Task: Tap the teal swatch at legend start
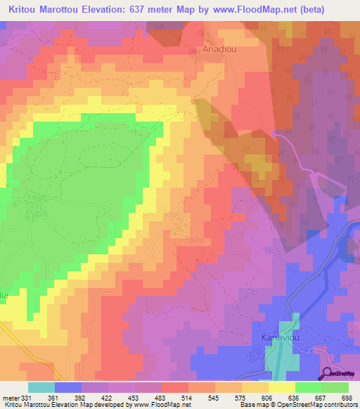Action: (x=41, y=387)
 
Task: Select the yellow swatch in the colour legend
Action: (x=281, y=387)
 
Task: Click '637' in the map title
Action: (x=136, y=8)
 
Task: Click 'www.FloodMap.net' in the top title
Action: (x=263, y=8)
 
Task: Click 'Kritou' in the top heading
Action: (x=22, y=8)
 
